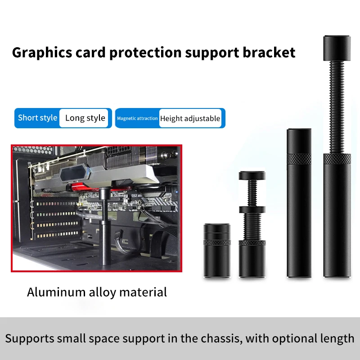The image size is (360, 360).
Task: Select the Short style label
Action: [x=38, y=118]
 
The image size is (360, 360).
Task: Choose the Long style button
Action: [x=85, y=118]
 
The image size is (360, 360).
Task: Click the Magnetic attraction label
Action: [x=137, y=118]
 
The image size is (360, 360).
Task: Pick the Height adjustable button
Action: [x=190, y=119]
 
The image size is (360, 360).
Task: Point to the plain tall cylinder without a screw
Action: [x=298, y=202]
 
